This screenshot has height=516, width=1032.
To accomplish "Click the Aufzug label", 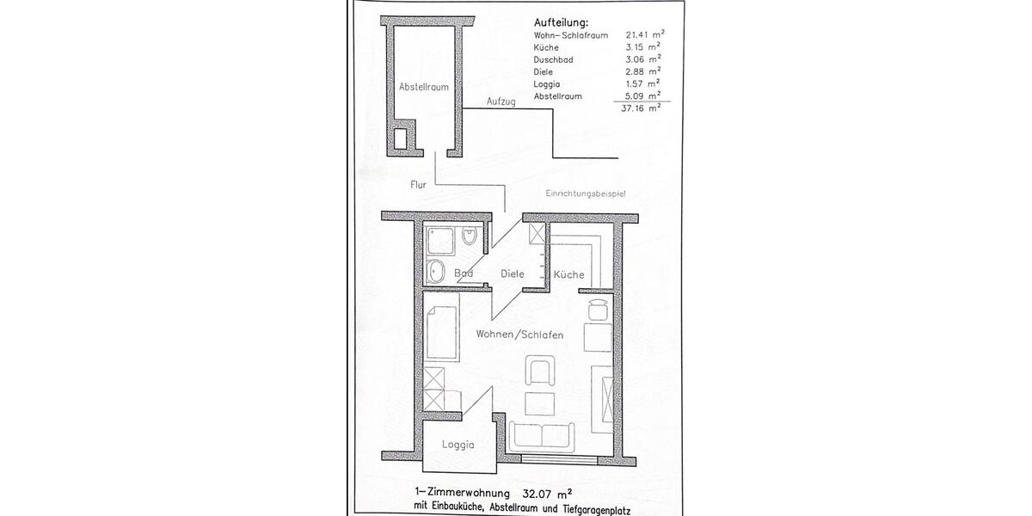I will pos(501,101).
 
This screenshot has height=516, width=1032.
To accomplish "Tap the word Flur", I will pos(419,184).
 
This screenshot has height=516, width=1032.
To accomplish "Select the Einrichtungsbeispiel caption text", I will pos(584,194).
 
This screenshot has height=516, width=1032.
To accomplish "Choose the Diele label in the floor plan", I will pos(513,273).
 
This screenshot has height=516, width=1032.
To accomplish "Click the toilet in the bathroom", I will pos(470,237).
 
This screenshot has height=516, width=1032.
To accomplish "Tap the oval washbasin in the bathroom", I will pos(435,271).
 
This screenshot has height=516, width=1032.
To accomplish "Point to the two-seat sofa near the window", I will pos(539,436).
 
